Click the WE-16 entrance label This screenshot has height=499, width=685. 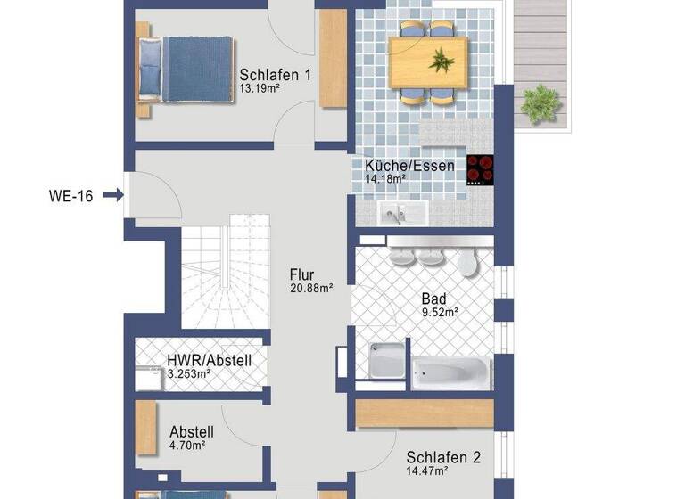70,194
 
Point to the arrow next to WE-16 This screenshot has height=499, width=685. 113,194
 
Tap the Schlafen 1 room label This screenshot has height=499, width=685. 275,75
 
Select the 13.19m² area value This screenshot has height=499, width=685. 259,90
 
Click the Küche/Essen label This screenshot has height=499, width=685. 409,165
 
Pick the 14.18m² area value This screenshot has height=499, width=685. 385,179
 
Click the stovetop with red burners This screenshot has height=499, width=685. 481,170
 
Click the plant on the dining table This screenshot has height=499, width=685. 441,61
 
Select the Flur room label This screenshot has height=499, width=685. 301,274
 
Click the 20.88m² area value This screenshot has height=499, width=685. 311,288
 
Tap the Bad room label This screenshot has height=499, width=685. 434,299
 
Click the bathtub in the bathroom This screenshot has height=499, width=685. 450,370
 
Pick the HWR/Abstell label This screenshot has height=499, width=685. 209,361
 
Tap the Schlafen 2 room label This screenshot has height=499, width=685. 443,458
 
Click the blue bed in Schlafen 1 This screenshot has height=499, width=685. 188,70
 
